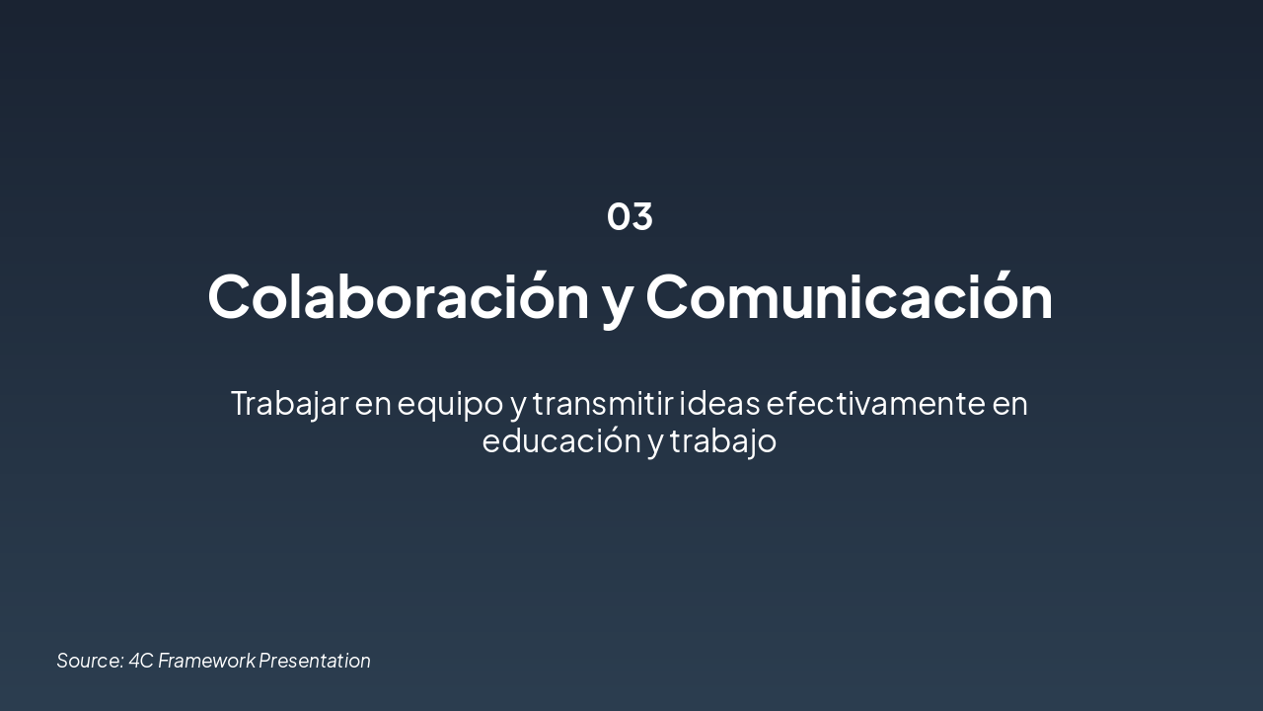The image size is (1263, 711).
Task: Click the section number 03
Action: click(630, 216)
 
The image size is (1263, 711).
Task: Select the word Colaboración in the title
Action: click(398, 295)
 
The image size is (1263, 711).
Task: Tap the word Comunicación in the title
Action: click(849, 295)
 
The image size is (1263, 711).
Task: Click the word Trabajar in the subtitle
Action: click(289, 403)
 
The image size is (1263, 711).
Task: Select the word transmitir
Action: click(602, 403)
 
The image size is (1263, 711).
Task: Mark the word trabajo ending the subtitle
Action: click(723, 441)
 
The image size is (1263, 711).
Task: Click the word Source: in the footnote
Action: click(90, 661)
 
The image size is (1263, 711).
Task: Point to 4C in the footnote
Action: click(141, 661)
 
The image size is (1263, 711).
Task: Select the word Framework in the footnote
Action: click(206, 661)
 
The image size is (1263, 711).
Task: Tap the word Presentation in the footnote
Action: click(315, 661)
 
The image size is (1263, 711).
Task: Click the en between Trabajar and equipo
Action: click(372, 404)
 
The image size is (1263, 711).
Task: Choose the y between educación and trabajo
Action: click(656, 443)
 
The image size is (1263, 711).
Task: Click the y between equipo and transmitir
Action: click(517, 406)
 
